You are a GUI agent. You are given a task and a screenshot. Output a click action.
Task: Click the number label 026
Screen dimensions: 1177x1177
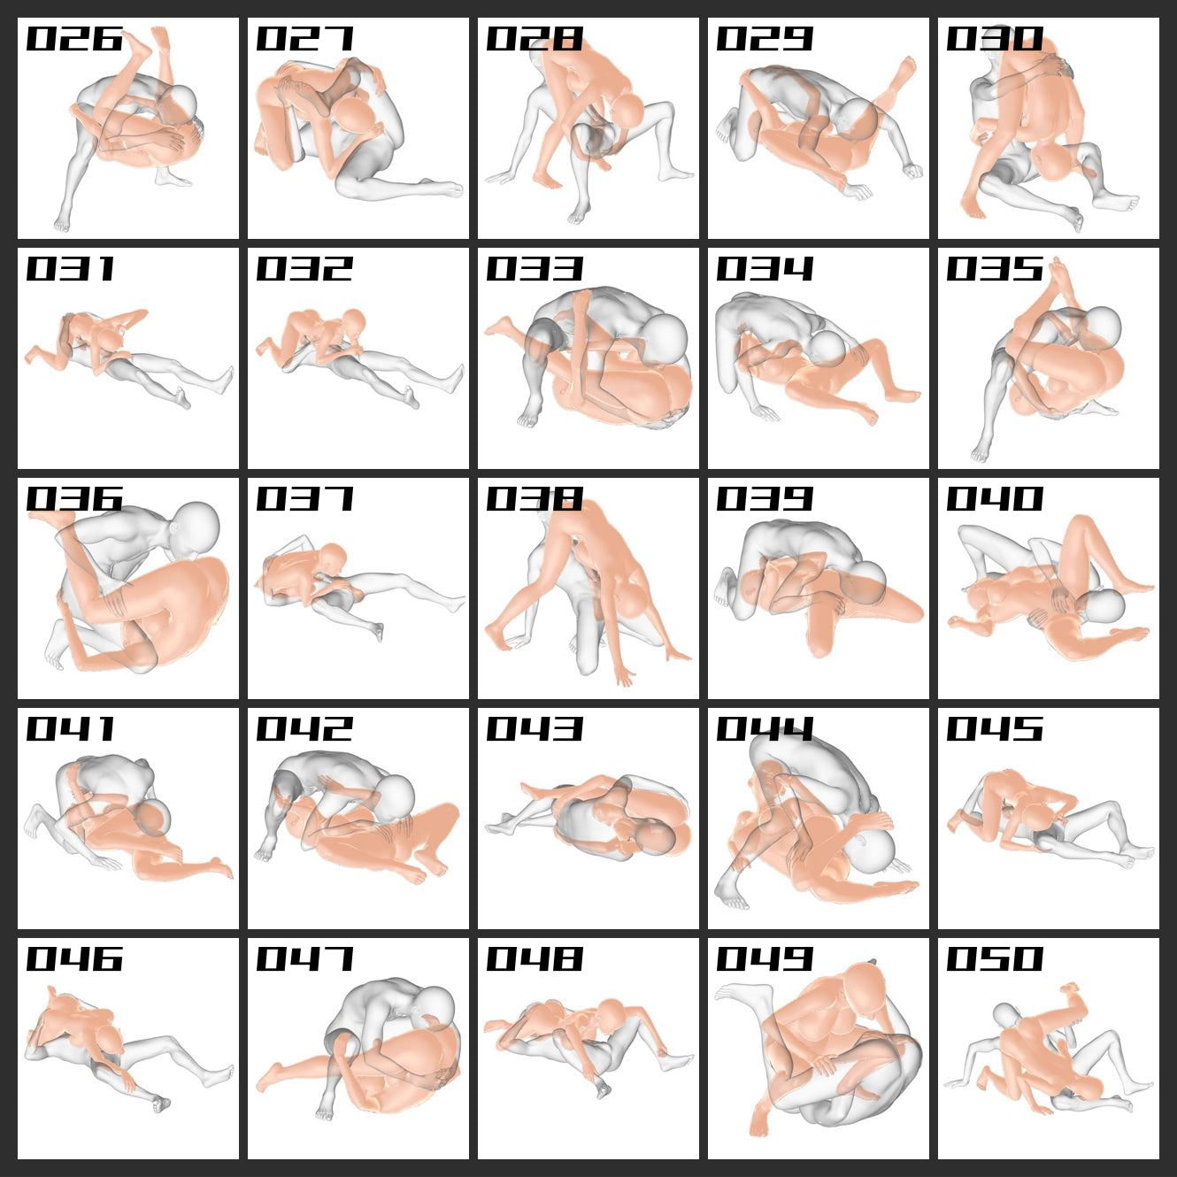[x=74, y=39]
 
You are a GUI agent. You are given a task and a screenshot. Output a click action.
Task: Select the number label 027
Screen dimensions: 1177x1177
[x=304, y=39]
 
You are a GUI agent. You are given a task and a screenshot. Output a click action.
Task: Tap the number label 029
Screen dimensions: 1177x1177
[x=765, y=39]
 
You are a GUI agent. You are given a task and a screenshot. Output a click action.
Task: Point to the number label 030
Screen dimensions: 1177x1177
[x=995, y=39]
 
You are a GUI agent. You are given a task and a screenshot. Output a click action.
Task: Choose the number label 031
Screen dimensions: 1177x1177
[x=71, y=269]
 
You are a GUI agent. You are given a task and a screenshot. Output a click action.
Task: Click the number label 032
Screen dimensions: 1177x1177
[x=304, y=269]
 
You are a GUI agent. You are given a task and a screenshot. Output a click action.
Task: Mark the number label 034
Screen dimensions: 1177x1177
[x=765, y=269]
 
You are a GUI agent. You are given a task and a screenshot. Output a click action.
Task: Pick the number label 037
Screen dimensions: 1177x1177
[x=304, y=499]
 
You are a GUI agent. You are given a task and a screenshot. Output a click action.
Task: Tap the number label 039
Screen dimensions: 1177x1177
[x=765, y=499]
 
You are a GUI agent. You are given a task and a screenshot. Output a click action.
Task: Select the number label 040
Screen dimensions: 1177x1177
[x=995, y=499]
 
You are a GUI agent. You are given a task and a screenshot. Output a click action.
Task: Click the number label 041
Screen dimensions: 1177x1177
[x=71, y=729]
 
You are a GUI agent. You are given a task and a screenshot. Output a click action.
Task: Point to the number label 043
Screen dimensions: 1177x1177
[x=535, y=729]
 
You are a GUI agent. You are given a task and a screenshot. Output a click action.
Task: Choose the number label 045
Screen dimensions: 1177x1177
[x=995, y=729]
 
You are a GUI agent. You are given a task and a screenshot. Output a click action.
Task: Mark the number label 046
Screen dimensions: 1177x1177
[x=74, y=959]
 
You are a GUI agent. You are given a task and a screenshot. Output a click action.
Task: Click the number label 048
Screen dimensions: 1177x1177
[x=535, y=959]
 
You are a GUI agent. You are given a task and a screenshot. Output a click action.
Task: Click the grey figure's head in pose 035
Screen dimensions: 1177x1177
[x=1101, y=329]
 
